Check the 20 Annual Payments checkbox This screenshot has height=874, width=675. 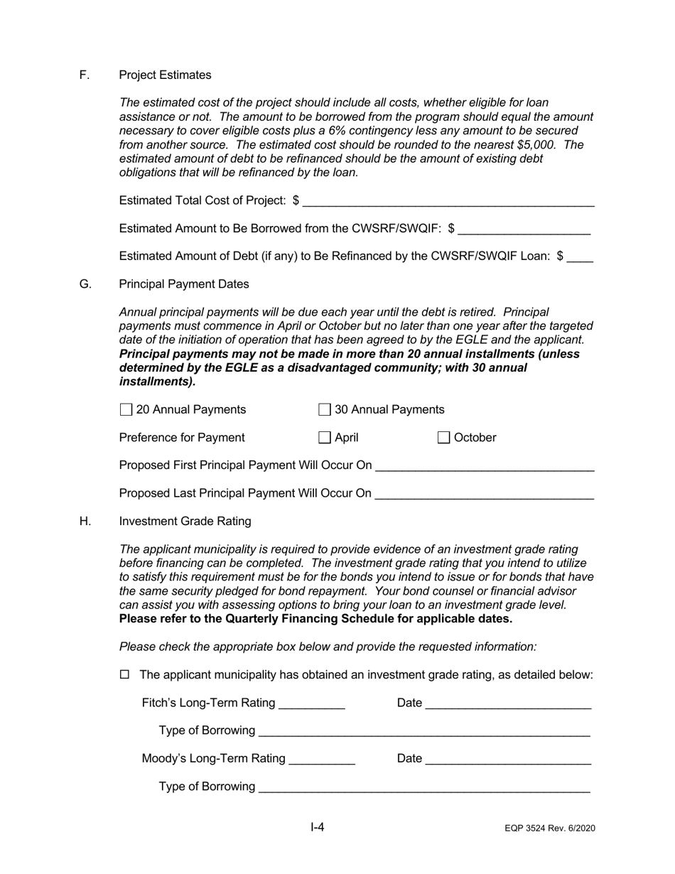click(x=126, y=410)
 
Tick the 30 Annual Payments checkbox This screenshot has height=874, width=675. click(x=325, y=410)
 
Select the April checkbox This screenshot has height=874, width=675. click(x=325, y=438)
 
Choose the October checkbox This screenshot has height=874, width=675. click(x=444, y=438)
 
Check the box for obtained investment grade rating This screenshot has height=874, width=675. click(x=126, y=675)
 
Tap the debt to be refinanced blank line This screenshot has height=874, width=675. click(x=580, y=257)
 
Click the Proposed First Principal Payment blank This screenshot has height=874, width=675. click(x=485, y=466)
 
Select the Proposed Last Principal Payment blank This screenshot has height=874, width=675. click(x=485, y=494)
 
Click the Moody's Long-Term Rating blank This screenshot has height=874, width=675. click(x=323, y=760)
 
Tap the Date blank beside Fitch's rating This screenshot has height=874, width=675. click(x=508, y=704)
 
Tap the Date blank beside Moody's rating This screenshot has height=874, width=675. click(x=508, y=760)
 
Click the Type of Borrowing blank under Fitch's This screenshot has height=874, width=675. click(x=424, y=732)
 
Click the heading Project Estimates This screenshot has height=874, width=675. click(x=165, y=75)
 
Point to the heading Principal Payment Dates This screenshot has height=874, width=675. click(x=184, y=284)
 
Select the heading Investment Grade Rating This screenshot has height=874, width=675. click(x=185, y=522)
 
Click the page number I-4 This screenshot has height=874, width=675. click(x=318, y=827)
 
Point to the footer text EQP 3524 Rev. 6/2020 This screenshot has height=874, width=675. click(x=550, y=829)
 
